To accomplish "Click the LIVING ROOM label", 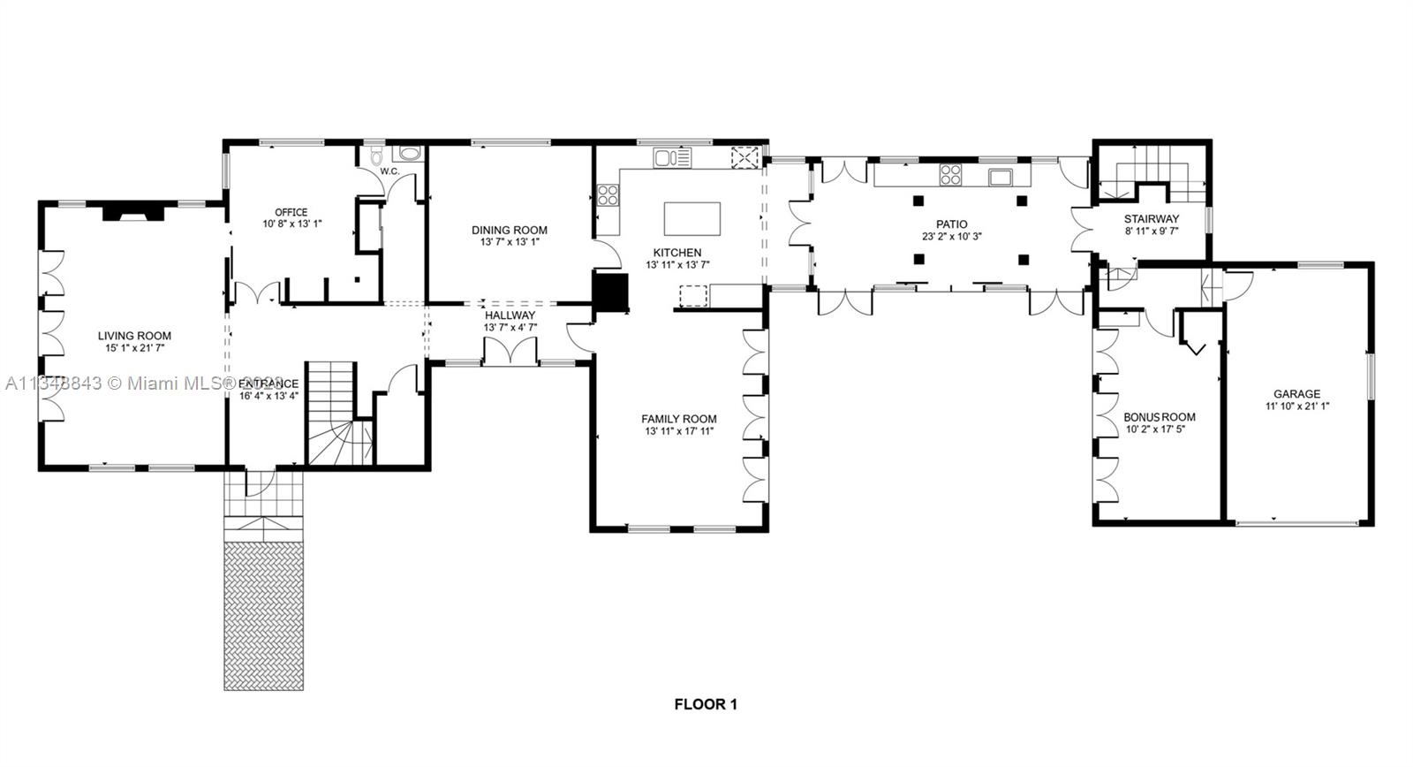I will click(x=134, y=336).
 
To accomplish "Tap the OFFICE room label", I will click(x=291, y=212).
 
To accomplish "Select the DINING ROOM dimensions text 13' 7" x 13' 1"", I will click(x=510, y=242).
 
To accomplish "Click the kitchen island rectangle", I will click(x=691, y=218).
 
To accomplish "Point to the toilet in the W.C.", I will click(x=377, y=157).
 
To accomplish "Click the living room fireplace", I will click(x=132, y=212).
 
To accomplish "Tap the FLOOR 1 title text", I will click(x=706, y=704).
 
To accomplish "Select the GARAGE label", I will click(x=1296, y=394).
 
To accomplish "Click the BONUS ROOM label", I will click(x=1159, y=417).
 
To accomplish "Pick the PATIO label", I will click(x=952, y=224).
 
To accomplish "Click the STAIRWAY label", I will click(x=1151, y=219).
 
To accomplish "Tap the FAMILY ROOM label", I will click(x=678, y=419).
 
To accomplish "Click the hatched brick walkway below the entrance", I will click(x=263, y=615).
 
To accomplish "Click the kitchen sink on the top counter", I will click(x=671, y=158).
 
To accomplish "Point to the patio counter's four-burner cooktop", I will click(x=950, y=175).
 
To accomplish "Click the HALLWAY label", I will click(x=510, y=315).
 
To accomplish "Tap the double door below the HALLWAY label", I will click(x=510, y=352).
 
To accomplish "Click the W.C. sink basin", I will click(x=410, y=154).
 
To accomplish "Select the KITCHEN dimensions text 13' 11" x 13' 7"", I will click(x=677, y=264).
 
